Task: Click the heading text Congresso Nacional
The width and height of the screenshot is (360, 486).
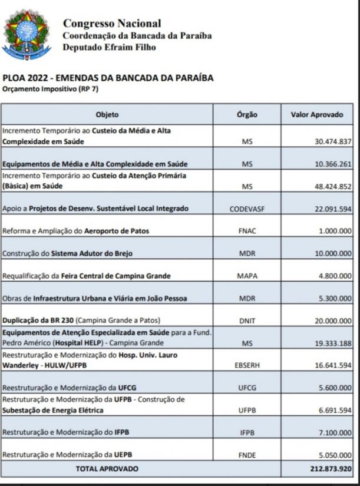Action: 111,24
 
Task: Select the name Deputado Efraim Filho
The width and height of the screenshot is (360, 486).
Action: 109,47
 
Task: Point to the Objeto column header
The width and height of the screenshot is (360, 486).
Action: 107,114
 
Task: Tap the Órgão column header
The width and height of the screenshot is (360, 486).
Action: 247,114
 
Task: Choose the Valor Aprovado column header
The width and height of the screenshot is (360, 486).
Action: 316,114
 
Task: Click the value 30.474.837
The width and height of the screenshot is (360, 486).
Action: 332,142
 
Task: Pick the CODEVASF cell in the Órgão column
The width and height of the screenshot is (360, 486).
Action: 247,209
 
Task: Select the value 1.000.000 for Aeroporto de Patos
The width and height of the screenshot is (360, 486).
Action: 335,231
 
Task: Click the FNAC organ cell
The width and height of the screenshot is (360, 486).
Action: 247,231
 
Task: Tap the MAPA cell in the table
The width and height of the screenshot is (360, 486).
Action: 247,276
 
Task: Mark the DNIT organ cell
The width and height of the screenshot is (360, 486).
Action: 247,320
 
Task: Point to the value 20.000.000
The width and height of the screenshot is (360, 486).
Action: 332,320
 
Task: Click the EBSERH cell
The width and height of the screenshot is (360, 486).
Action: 247,365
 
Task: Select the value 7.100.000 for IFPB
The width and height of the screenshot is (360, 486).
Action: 335,432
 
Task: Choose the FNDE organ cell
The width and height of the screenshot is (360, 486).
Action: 247,455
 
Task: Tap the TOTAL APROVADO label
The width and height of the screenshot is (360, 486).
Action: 107,469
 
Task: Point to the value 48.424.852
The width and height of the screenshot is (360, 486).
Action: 332,186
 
